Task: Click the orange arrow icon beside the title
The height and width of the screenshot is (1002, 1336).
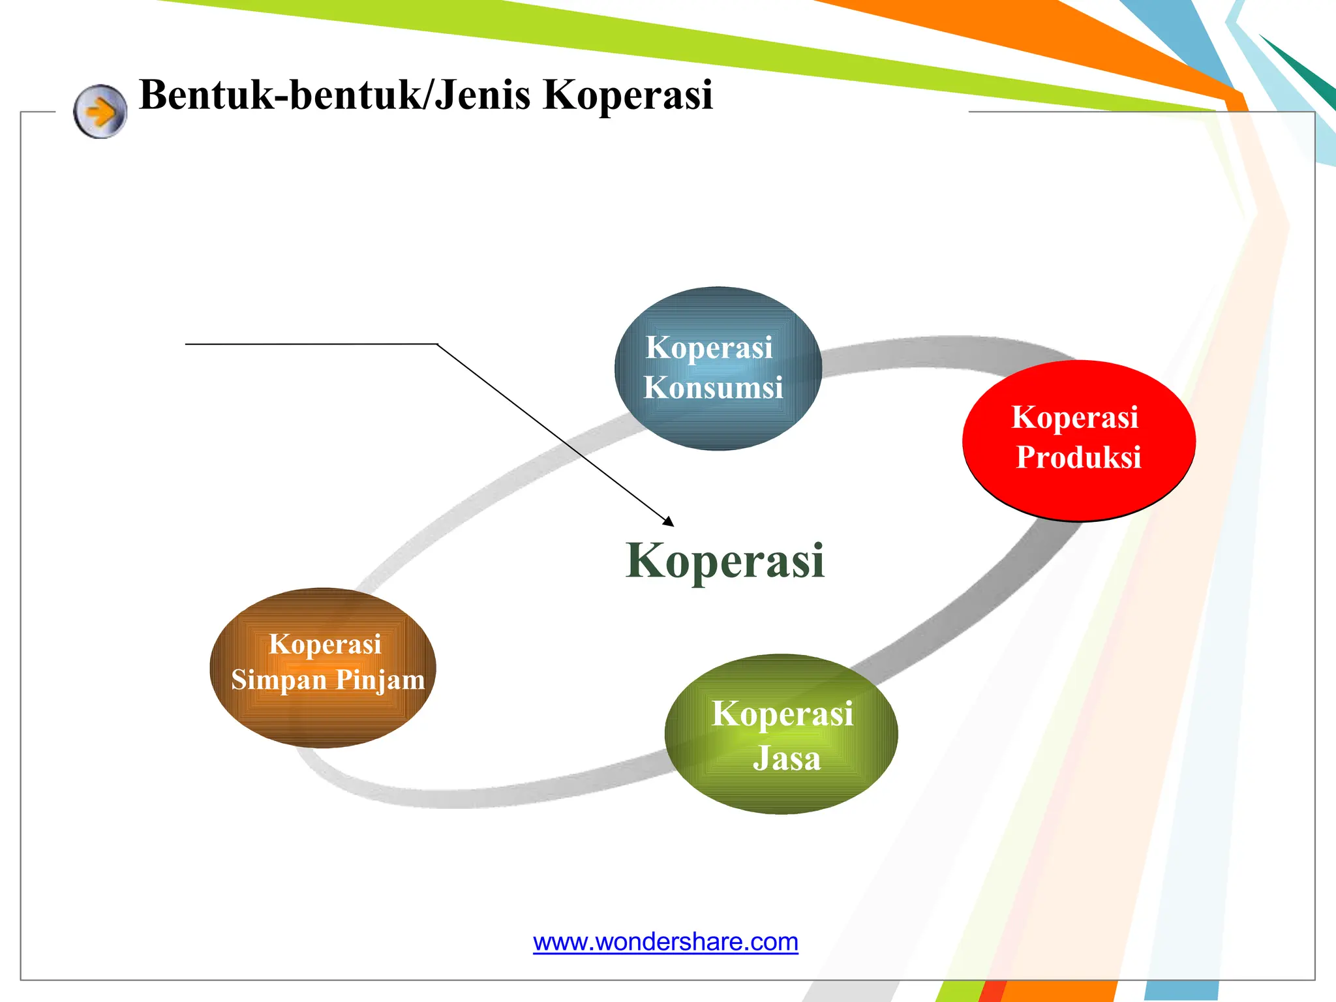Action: click(x=100, y=112)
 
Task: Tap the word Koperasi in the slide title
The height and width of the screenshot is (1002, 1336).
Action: click(x=628, y=95)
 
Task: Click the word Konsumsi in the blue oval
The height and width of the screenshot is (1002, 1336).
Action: click(x=713, y=387)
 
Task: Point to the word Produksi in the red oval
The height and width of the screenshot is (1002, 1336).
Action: click(x=1078, y=457)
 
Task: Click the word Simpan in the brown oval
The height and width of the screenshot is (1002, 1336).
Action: click(x=279, y=680)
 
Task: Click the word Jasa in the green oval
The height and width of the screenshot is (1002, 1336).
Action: click(x=786, y=759)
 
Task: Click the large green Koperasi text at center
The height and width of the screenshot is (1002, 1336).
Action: click(x=725, y=560)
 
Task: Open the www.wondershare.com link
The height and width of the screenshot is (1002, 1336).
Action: click(x=665, y=942)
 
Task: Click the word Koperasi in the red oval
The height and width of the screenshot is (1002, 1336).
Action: click(x=1074, y=417)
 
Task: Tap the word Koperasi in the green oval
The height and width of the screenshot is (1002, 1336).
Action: click(x=782, y=713)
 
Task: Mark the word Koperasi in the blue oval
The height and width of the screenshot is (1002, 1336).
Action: click(x=709, y=347)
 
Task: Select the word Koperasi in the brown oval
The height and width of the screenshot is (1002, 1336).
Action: click(x=325, y=644)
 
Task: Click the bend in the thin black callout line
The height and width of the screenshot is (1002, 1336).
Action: click(x=437, y=344)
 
